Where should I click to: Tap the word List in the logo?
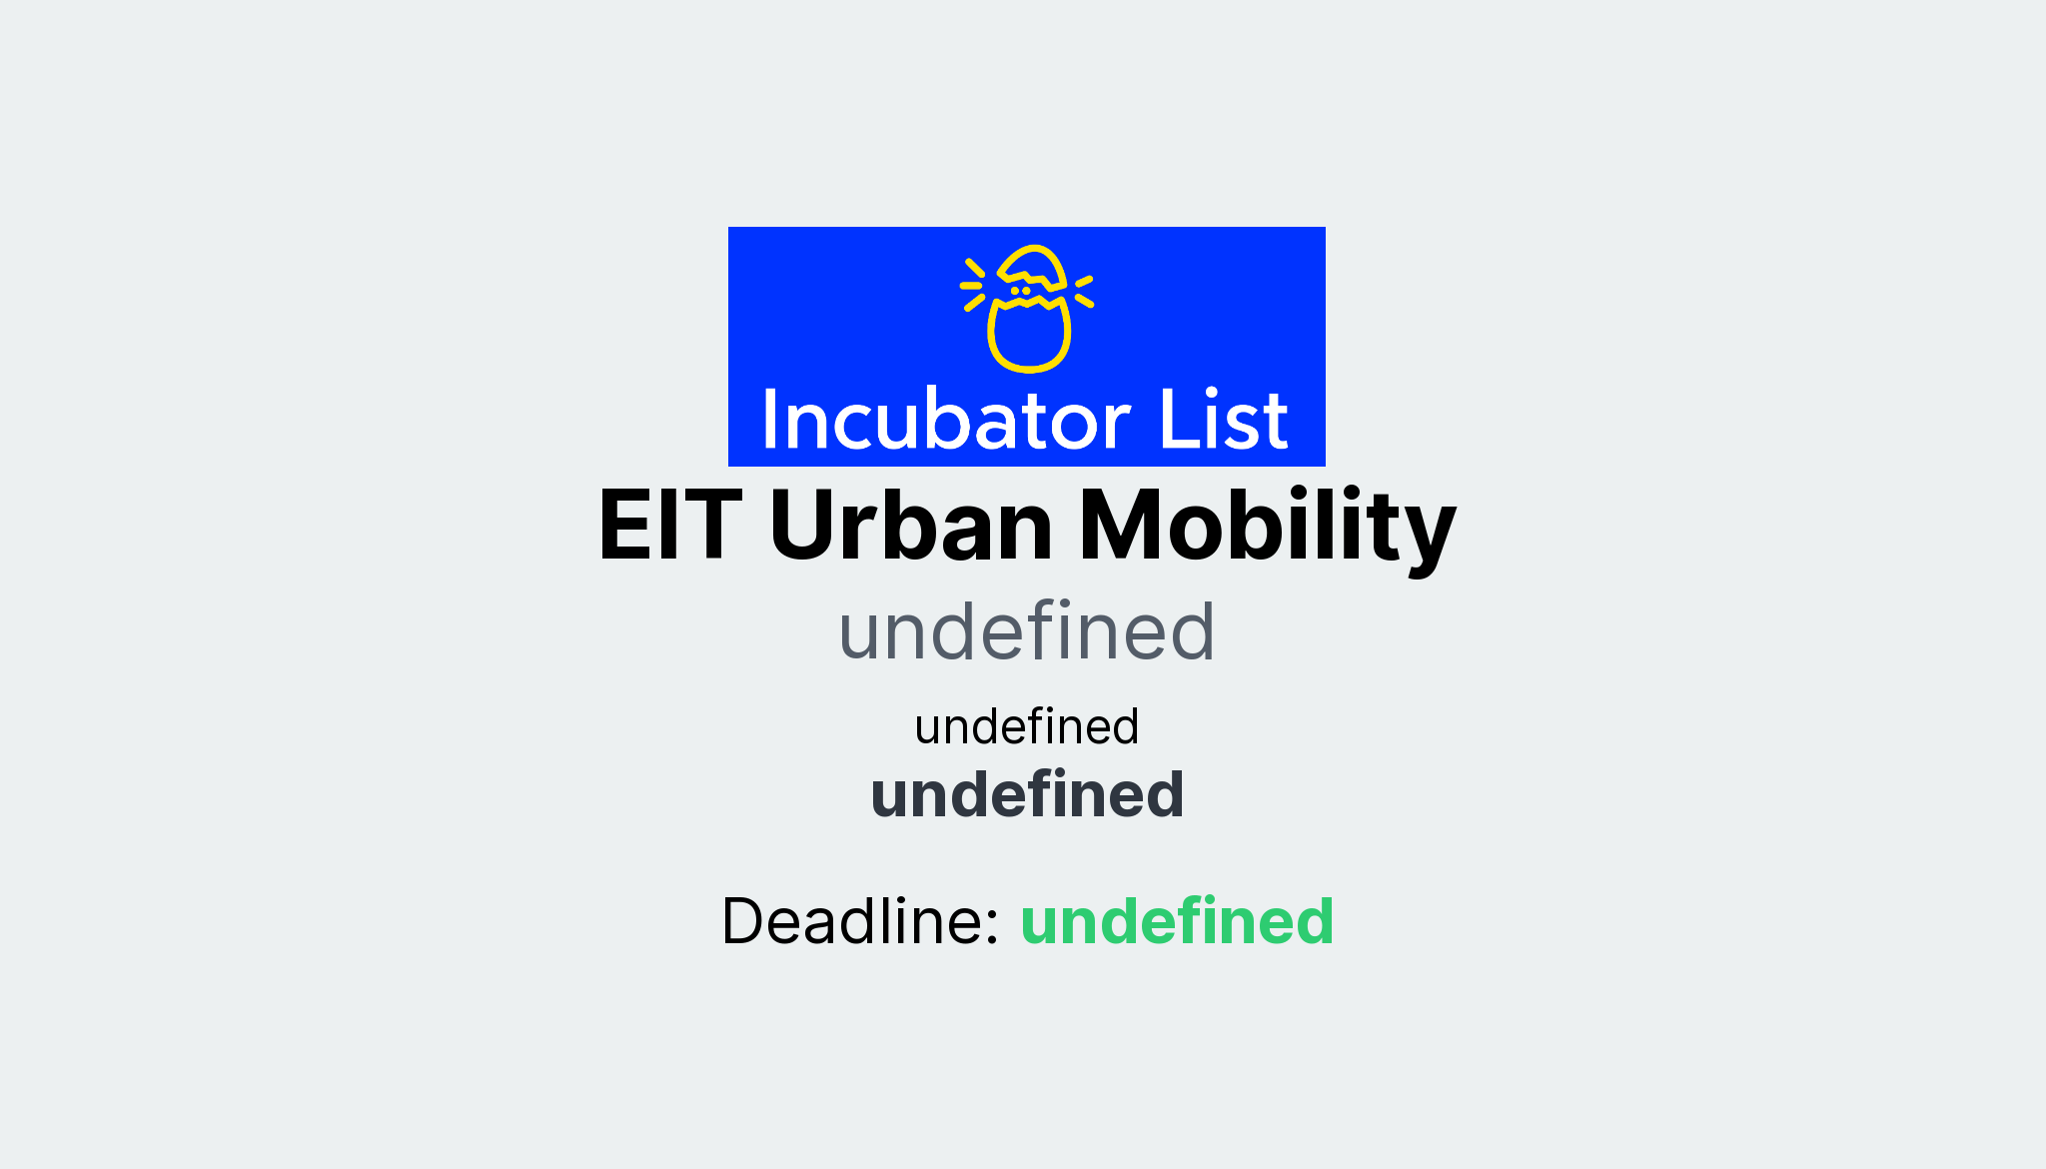(1223, 420)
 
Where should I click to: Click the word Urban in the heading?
(910, 526)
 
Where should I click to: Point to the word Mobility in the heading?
(1267, 526)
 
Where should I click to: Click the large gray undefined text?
(1026, 631)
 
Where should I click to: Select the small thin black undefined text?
(1026, 726)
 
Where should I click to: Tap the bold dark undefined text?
(1027, 794)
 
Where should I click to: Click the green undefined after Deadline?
(1177, 920)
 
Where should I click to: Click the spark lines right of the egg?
(1084, 291)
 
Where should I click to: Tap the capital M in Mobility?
(1116, 526)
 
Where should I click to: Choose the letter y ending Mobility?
(1431, 535)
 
